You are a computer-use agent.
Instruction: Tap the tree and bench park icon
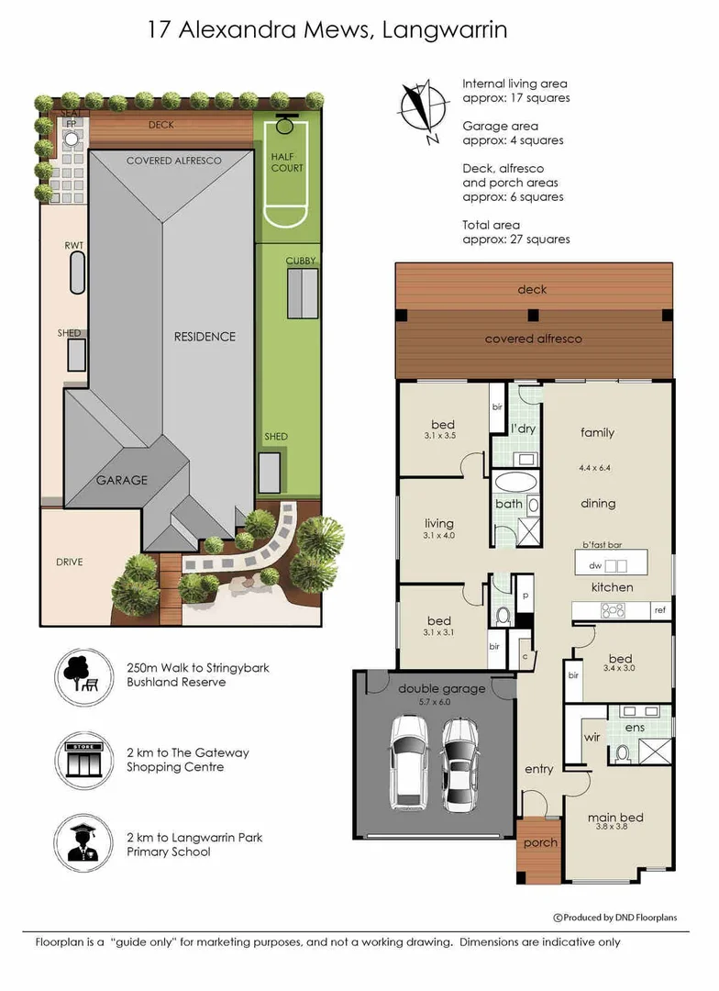tap(83, 676)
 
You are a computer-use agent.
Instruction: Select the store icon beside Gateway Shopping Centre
tap(83, 760)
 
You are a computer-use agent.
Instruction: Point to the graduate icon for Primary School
tap(83, 843)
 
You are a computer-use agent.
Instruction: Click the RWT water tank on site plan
tap(77, 273)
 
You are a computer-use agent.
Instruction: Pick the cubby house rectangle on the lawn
tap(303, 294)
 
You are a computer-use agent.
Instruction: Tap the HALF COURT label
tap(287, 162)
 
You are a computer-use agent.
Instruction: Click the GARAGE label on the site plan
tap(121, 480)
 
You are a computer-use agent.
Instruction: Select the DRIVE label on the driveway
tap(69, 562)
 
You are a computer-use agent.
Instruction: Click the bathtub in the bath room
tap(516, 483)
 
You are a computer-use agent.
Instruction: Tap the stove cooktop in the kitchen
tap(613, 610)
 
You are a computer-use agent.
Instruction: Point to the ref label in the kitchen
tap(659, 610)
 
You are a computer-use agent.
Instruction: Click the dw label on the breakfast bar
tap(595, 565)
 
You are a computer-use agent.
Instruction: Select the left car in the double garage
tap(409, 763)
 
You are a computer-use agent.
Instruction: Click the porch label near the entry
tap(540, 843)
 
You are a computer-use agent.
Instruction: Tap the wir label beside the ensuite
tap(592, 737)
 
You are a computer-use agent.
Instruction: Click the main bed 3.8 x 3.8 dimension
tap(612, 826)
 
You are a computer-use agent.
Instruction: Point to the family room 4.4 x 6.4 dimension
tap(594, 468)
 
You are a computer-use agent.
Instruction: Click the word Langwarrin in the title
tap(444, 30)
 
